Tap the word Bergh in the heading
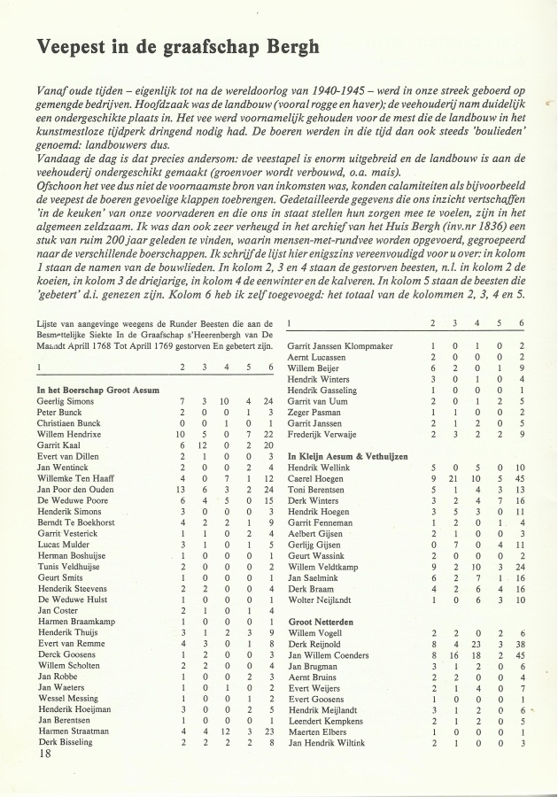pyautogui.click(x=288, y=47)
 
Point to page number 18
pyautogui.click(x=44, y=754)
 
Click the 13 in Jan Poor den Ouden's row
pyautogui.click(x=181, y=490)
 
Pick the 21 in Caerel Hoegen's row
pyautogui.click(x=454, y=478)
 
